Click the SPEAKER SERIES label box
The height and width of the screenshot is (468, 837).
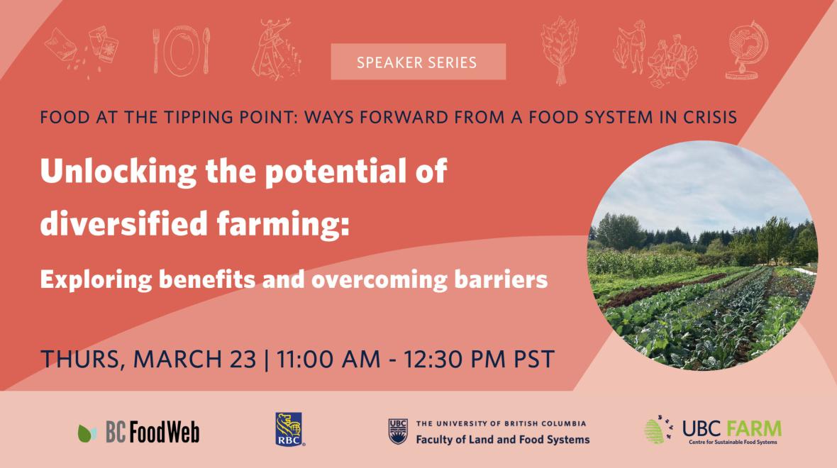(418, 62)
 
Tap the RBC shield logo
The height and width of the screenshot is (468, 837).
(289, 429)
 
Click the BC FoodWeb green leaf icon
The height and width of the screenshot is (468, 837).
(87, 433)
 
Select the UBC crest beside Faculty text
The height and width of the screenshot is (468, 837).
(398, 431)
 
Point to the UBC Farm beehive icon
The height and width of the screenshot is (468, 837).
(654, 431)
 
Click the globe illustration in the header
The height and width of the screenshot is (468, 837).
(747, 50)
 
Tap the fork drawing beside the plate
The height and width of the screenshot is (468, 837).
(156, 50)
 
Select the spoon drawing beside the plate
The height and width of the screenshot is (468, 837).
(206, 50)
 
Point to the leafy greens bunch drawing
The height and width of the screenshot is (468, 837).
(560, 50)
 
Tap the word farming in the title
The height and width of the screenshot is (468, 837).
(283, 223)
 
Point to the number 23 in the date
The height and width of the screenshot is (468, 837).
(243, 359)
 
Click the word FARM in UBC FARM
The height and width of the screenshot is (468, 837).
(754, 428)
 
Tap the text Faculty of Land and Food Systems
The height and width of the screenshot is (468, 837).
(503, 440)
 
